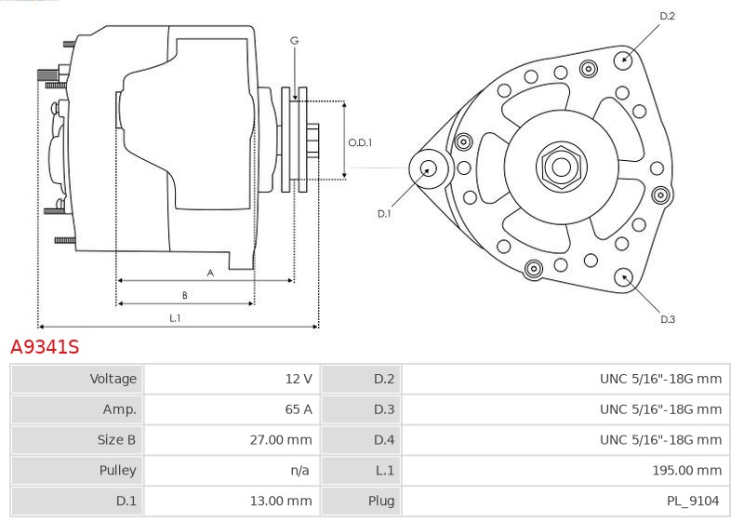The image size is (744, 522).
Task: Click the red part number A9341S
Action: (45, 347)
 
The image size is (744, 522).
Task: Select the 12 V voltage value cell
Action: (299, 379)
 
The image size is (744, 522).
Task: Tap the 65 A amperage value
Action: (299, 409)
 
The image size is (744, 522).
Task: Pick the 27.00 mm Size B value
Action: (281, 440)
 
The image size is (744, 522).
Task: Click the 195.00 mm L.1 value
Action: (686, 470)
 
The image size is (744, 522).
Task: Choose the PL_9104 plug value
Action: (693, 502)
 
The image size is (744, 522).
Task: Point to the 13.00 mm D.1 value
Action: (281, 501)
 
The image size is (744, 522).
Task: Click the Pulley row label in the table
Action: (117, 470)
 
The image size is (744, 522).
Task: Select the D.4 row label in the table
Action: (384, 440)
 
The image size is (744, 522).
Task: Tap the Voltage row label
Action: (113, 379)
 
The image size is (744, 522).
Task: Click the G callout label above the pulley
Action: (294, 41)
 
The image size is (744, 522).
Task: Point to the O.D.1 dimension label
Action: (360, 142)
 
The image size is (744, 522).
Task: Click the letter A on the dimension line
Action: (210, 273)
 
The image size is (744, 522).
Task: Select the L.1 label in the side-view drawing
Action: (175, 318)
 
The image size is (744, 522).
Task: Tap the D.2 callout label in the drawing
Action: (667, 16)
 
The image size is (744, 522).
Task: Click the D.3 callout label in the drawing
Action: (668, 319)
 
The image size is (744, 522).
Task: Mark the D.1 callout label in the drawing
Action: (384, 214)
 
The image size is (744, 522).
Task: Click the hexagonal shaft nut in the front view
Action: (562, 167)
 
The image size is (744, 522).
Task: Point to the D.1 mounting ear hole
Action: (429, 168)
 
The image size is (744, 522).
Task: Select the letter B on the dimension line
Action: (184, 295)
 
